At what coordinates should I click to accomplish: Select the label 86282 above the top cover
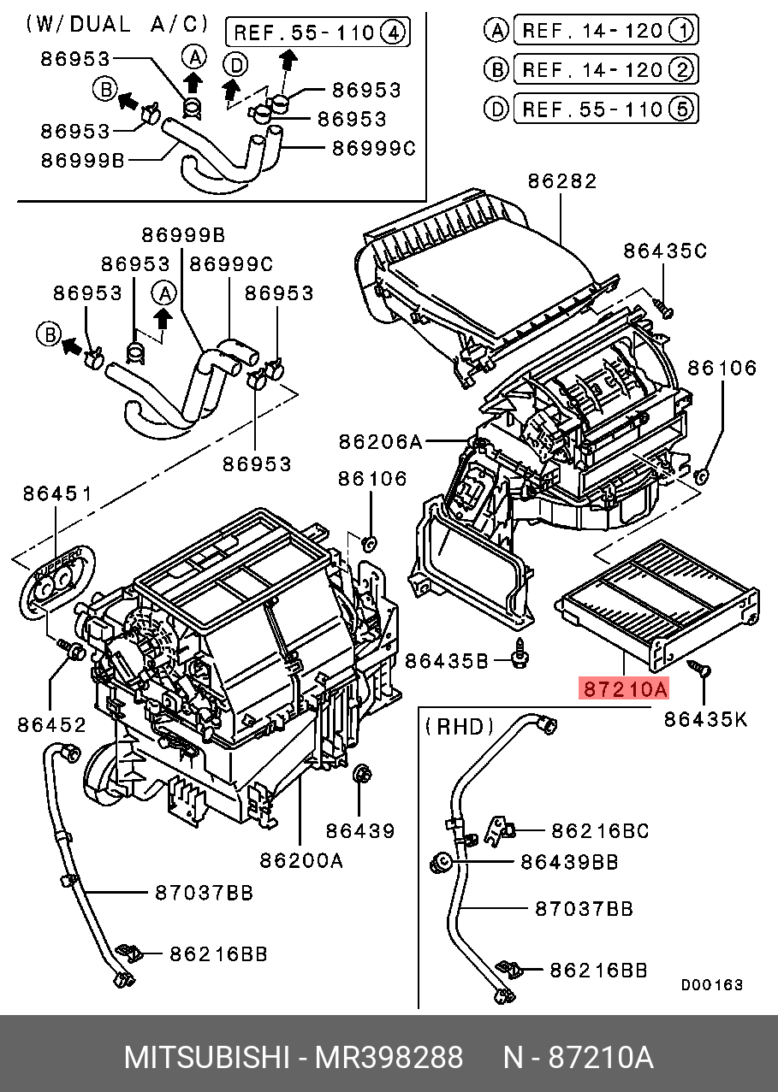(x=561, y=181)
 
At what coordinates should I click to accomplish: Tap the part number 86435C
(x=665, y=251)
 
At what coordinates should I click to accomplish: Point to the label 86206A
(x=381, y=441)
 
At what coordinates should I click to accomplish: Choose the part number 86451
(x=57, y=493)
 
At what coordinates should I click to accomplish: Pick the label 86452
(x=51, y=724)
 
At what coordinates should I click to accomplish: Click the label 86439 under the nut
(x=359, y=830)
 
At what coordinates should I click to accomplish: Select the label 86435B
(x=447, y=660)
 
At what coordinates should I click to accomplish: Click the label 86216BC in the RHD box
(x=599, y=830)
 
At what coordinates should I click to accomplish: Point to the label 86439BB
(x=569, y=862)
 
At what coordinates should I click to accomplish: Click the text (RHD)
(x=460, y=727)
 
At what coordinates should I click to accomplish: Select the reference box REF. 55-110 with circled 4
(x=318, y=33)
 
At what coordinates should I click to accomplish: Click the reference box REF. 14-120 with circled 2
(x=604, y=69)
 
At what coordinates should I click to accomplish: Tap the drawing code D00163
(x=712, y=985)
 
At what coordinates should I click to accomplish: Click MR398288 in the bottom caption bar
(x=389, y=1058)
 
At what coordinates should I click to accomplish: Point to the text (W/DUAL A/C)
(x=116, y=24)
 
